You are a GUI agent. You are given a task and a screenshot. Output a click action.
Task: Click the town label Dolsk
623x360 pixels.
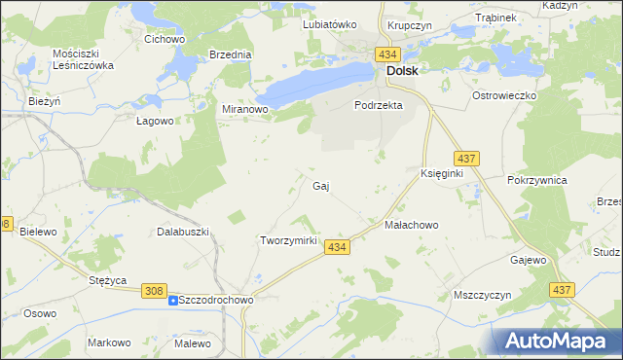pos(403,71)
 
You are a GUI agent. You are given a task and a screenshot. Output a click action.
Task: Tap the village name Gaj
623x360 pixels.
pos(321,185)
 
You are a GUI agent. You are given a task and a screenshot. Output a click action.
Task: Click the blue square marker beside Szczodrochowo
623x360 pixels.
pos(173,301)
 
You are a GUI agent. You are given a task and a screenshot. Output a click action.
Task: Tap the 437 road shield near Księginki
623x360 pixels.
pos(465,158)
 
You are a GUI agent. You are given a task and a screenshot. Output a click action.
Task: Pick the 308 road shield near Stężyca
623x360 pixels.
pos(153,290)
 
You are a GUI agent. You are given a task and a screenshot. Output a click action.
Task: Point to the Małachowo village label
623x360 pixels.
pos(412,225)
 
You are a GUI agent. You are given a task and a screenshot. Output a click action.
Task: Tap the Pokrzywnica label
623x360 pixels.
pos(537,181)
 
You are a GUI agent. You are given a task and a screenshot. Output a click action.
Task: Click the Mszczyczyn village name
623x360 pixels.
pos(483,294)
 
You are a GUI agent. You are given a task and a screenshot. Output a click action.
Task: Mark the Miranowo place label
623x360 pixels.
pos(245,110)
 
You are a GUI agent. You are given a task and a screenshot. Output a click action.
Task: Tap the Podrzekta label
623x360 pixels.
pos(379,105)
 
